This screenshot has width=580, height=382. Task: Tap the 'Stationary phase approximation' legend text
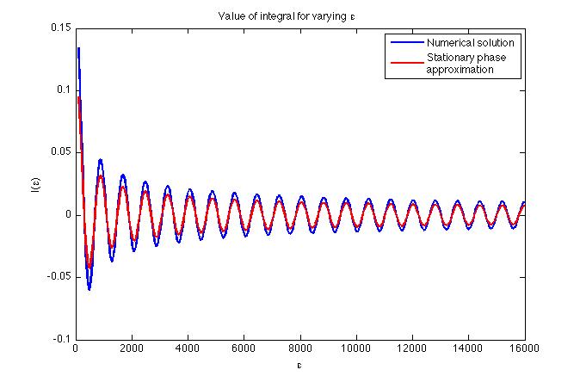(462, 64)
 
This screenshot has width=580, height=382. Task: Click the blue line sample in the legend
(407, 42)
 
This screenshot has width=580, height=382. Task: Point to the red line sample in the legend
(407, 62)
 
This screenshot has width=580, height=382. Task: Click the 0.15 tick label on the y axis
(60, 28)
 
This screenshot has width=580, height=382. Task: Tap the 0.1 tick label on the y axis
(63, 89)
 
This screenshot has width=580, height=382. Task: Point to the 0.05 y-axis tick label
(60, 152)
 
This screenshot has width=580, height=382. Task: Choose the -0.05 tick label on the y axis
(59, 277)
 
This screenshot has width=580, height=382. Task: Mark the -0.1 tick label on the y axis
(61, 339)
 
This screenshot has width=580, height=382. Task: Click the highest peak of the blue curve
(78, 48)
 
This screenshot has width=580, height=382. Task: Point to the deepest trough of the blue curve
(89, 289)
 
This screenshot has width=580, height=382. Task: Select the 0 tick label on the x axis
(76, 349)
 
